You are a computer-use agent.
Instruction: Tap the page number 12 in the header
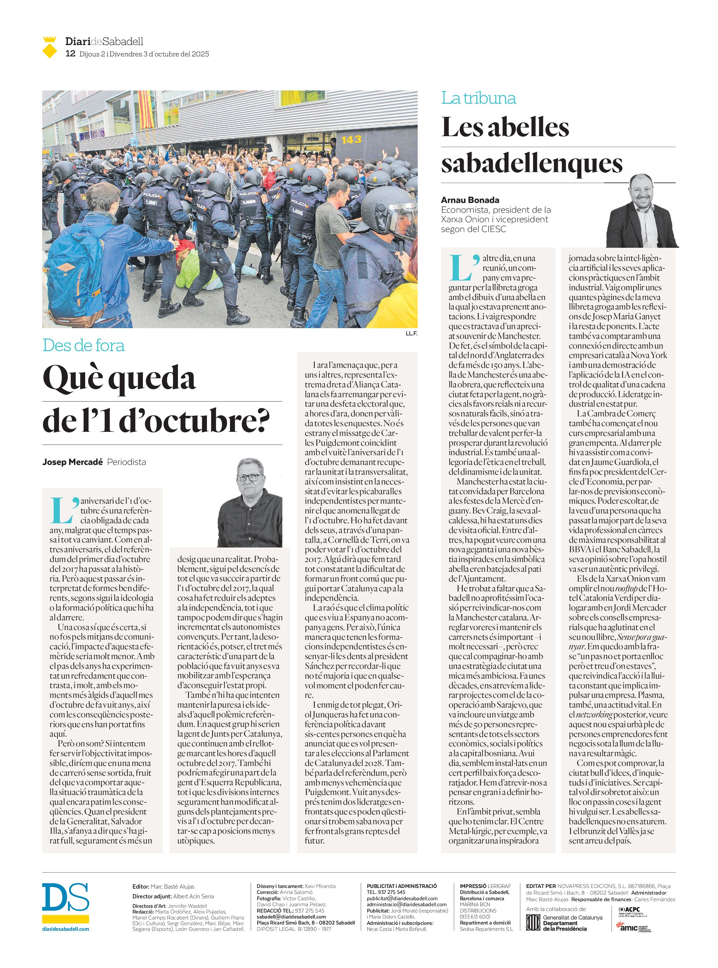pyautogui.click(x=70, y=54)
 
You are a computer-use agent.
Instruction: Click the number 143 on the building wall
pyautogui.click(x=351, y=139)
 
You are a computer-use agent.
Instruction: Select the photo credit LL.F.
pyautogui.click(x=411, y=333)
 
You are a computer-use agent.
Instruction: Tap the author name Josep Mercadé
pyautogui.click(x=73, y=462)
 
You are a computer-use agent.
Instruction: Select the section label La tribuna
pyautogui.click(x=479, y=98)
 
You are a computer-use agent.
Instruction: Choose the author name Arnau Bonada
pyautogui.click(x=470, y=200)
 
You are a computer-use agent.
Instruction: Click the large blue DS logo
pyautogui.click(x=65, y=897)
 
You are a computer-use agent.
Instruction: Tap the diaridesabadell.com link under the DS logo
pyautogui.click(x=66, y=929)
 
